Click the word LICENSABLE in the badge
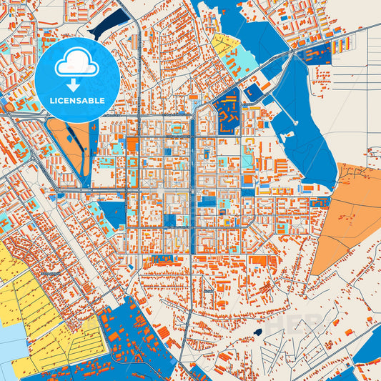pos(76,101)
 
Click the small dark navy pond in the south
pos(257,332)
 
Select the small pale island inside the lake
pos(253,91)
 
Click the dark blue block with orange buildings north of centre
pos(227,113)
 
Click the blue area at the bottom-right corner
pos(365,368)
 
